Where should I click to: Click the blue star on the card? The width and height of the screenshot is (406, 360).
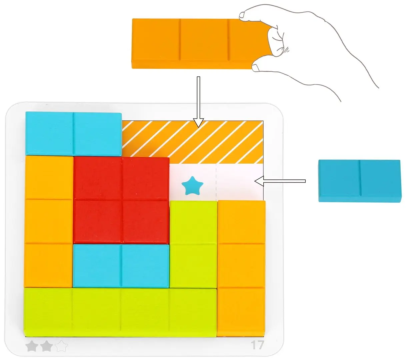192,186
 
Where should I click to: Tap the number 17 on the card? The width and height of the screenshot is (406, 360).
257,345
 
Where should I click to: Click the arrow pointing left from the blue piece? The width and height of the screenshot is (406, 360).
280,181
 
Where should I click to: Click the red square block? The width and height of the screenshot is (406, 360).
121,200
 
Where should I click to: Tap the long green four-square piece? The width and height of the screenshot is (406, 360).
120,312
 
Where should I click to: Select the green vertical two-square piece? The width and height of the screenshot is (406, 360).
193,244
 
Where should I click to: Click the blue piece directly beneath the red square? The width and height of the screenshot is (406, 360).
121,266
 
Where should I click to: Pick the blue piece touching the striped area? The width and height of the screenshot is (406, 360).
74,134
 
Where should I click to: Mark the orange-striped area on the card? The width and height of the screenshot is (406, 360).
192,142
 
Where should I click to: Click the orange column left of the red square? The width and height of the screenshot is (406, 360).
49,221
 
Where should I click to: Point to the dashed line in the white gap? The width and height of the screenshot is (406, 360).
216,182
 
